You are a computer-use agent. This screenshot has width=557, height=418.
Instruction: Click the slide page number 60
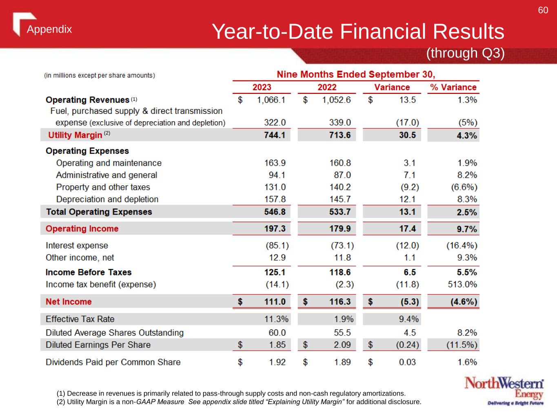(x=543, y=11)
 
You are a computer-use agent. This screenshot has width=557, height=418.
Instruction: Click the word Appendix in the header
(x=49, y=29)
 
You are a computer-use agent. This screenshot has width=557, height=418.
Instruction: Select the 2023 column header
(x=262, y=87)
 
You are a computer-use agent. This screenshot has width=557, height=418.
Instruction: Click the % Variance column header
(x=453, y=87)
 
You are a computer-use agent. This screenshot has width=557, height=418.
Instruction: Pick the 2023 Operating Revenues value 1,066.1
(x=271, y=100)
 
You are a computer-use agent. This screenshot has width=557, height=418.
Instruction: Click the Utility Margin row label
(x=75, y=135)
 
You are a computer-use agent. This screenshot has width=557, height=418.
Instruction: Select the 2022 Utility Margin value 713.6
(x=340, y=135)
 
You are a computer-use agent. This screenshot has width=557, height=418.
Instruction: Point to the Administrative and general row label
(x=107, y=175)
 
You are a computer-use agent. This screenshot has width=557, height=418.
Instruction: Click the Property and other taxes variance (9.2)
(x=409, y=187)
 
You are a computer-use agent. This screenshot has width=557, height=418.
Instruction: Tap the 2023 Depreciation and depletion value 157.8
(x=275, y=199)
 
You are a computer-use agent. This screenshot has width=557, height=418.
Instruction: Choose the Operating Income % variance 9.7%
(x=467, y=229)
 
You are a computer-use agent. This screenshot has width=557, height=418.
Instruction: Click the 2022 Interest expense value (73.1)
(x=342, y=246)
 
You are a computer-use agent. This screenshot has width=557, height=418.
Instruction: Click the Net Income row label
(x=69, y=302)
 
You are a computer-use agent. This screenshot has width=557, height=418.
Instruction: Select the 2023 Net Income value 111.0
(x=275, y=302)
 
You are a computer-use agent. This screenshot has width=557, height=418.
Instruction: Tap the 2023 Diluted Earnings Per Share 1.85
(x=277, y=345)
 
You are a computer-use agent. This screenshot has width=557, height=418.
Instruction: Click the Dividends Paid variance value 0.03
(x=407, y=362)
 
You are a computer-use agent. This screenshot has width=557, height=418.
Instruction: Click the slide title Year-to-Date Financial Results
(x=358, y=32)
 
